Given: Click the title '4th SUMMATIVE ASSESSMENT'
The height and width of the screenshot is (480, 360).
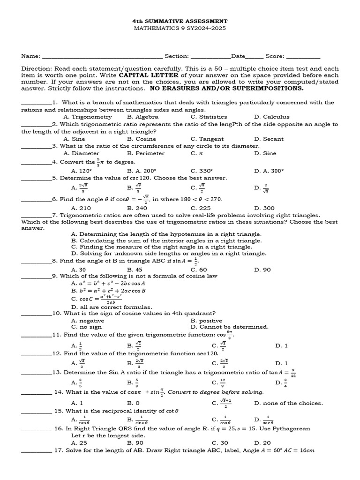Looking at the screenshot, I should [x=180, y=21].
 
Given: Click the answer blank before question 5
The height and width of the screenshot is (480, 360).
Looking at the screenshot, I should [x=37, y=179].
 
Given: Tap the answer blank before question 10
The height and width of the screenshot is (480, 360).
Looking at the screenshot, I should [x=37, y=314].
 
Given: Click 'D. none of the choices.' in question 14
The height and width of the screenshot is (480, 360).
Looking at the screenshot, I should [x=288, y=403].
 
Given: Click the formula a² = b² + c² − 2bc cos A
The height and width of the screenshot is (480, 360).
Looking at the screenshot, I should [x=108, y=283].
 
